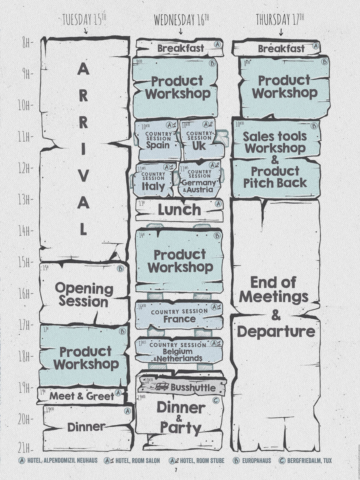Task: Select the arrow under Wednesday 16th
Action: coord(181,31)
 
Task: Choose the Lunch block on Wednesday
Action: coord(179,210)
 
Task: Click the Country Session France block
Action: coord(179,315)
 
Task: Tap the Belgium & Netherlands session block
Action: coord(179,351)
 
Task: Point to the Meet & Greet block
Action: coord(82,396)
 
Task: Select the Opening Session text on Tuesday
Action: coord(84,295)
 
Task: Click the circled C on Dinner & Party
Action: coord(215,401)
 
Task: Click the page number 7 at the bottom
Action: coord(176,470)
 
